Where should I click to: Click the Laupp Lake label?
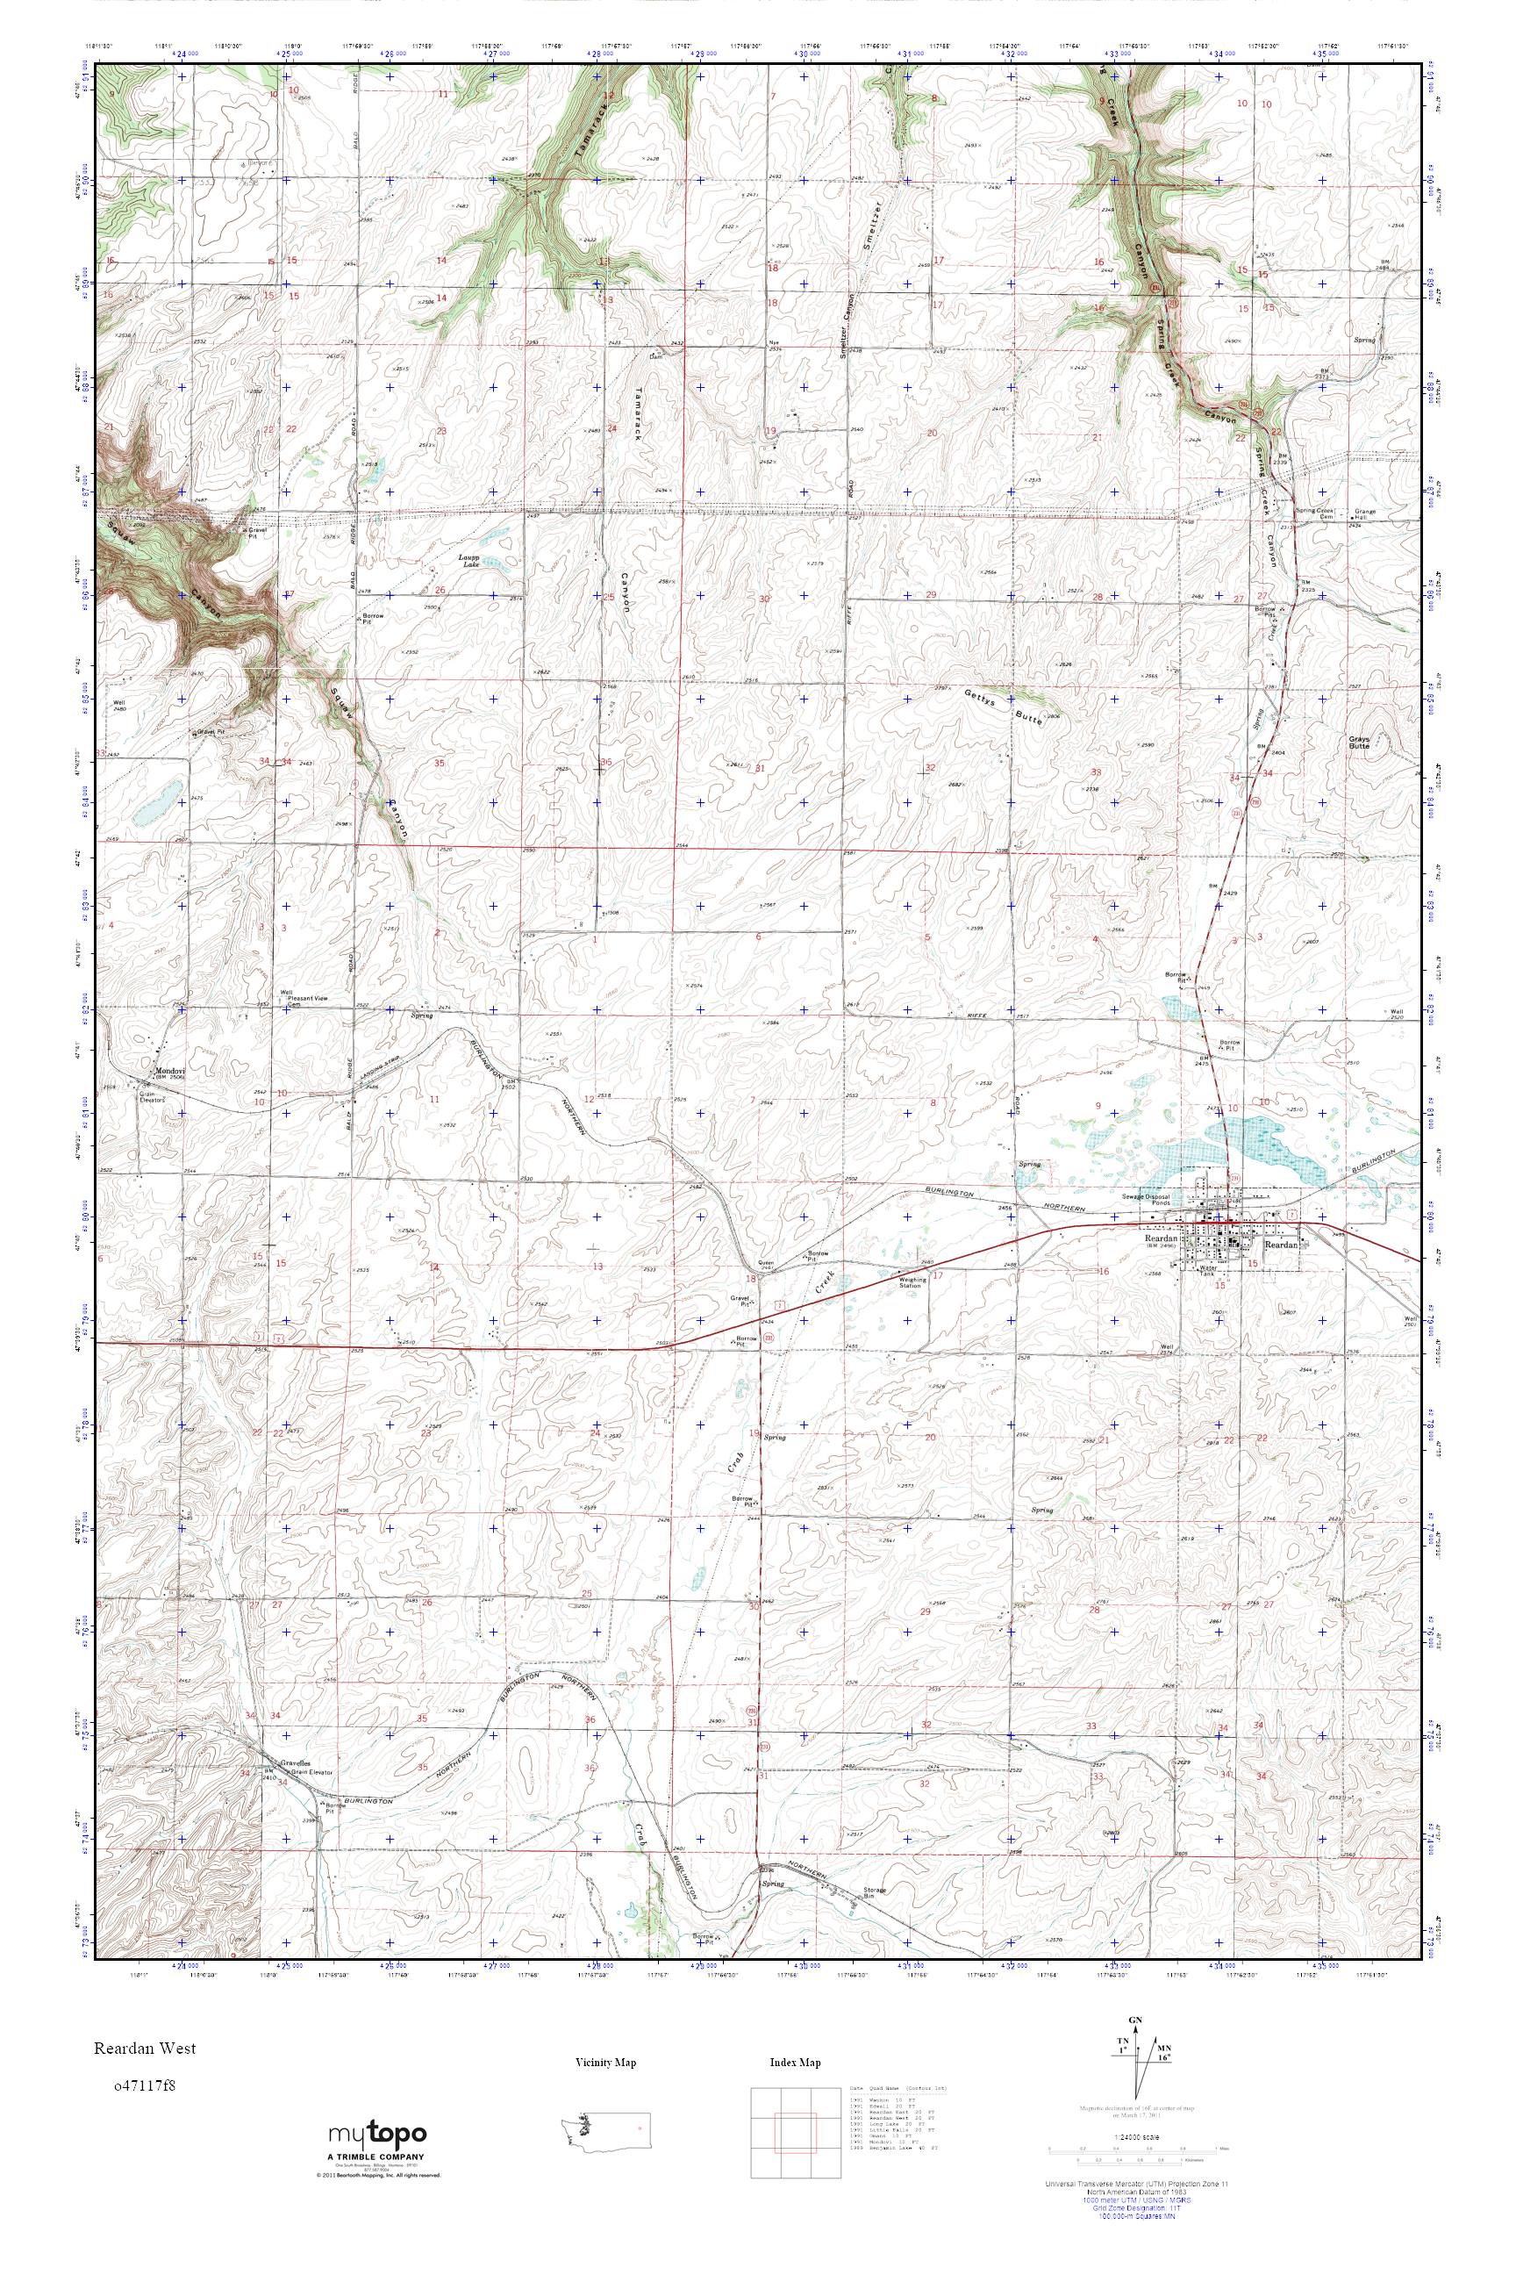pyautogui.click(x=468, y=561)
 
